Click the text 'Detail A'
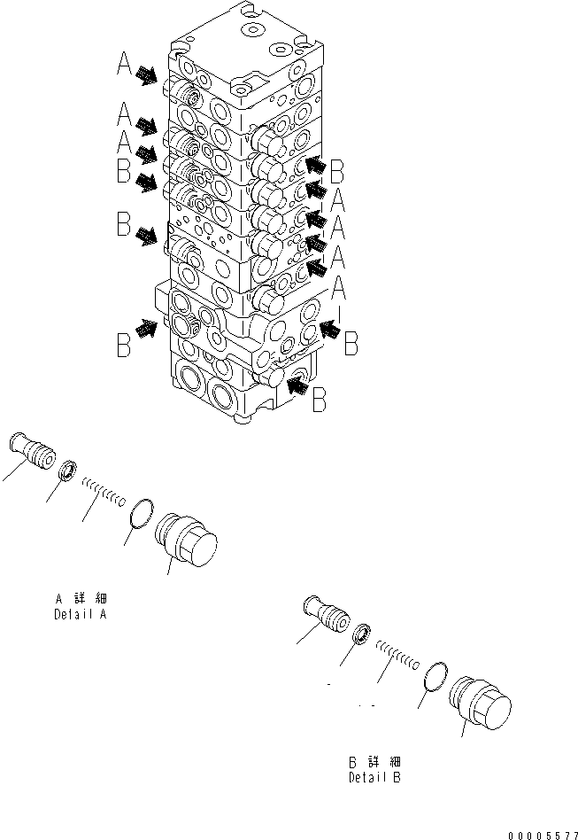[80, 614]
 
